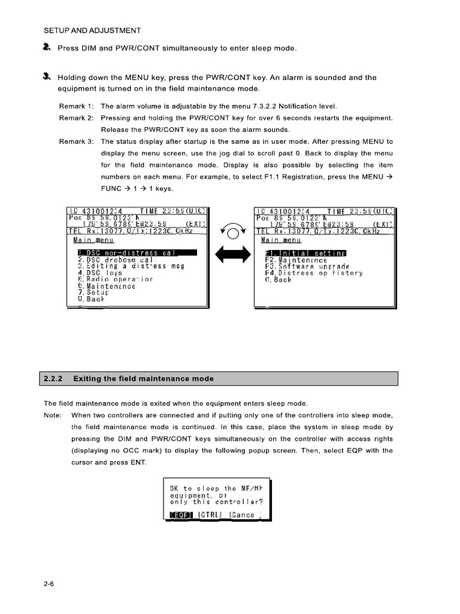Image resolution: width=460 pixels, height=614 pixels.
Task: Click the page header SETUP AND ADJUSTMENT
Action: pos(93,30)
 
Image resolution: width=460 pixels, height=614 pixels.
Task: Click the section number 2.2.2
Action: pos(55,378)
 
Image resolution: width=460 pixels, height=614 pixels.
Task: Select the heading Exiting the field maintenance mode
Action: pos(143,378)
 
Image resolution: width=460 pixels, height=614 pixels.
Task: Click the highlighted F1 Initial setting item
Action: pos(305,252)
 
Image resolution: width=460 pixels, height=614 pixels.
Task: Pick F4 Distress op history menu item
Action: pos(313,273)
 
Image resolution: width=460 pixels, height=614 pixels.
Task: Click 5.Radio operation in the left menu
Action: pos(115,279)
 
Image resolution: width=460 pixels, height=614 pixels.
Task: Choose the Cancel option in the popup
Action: pos(246,514)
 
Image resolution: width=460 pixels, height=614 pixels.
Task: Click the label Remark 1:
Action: pos(76,106)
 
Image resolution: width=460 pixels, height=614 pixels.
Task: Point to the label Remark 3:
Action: pos(76,142)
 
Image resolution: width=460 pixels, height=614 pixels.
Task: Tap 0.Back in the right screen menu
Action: pos(278,280)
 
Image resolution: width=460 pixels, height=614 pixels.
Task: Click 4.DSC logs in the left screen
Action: pos(99,273)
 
